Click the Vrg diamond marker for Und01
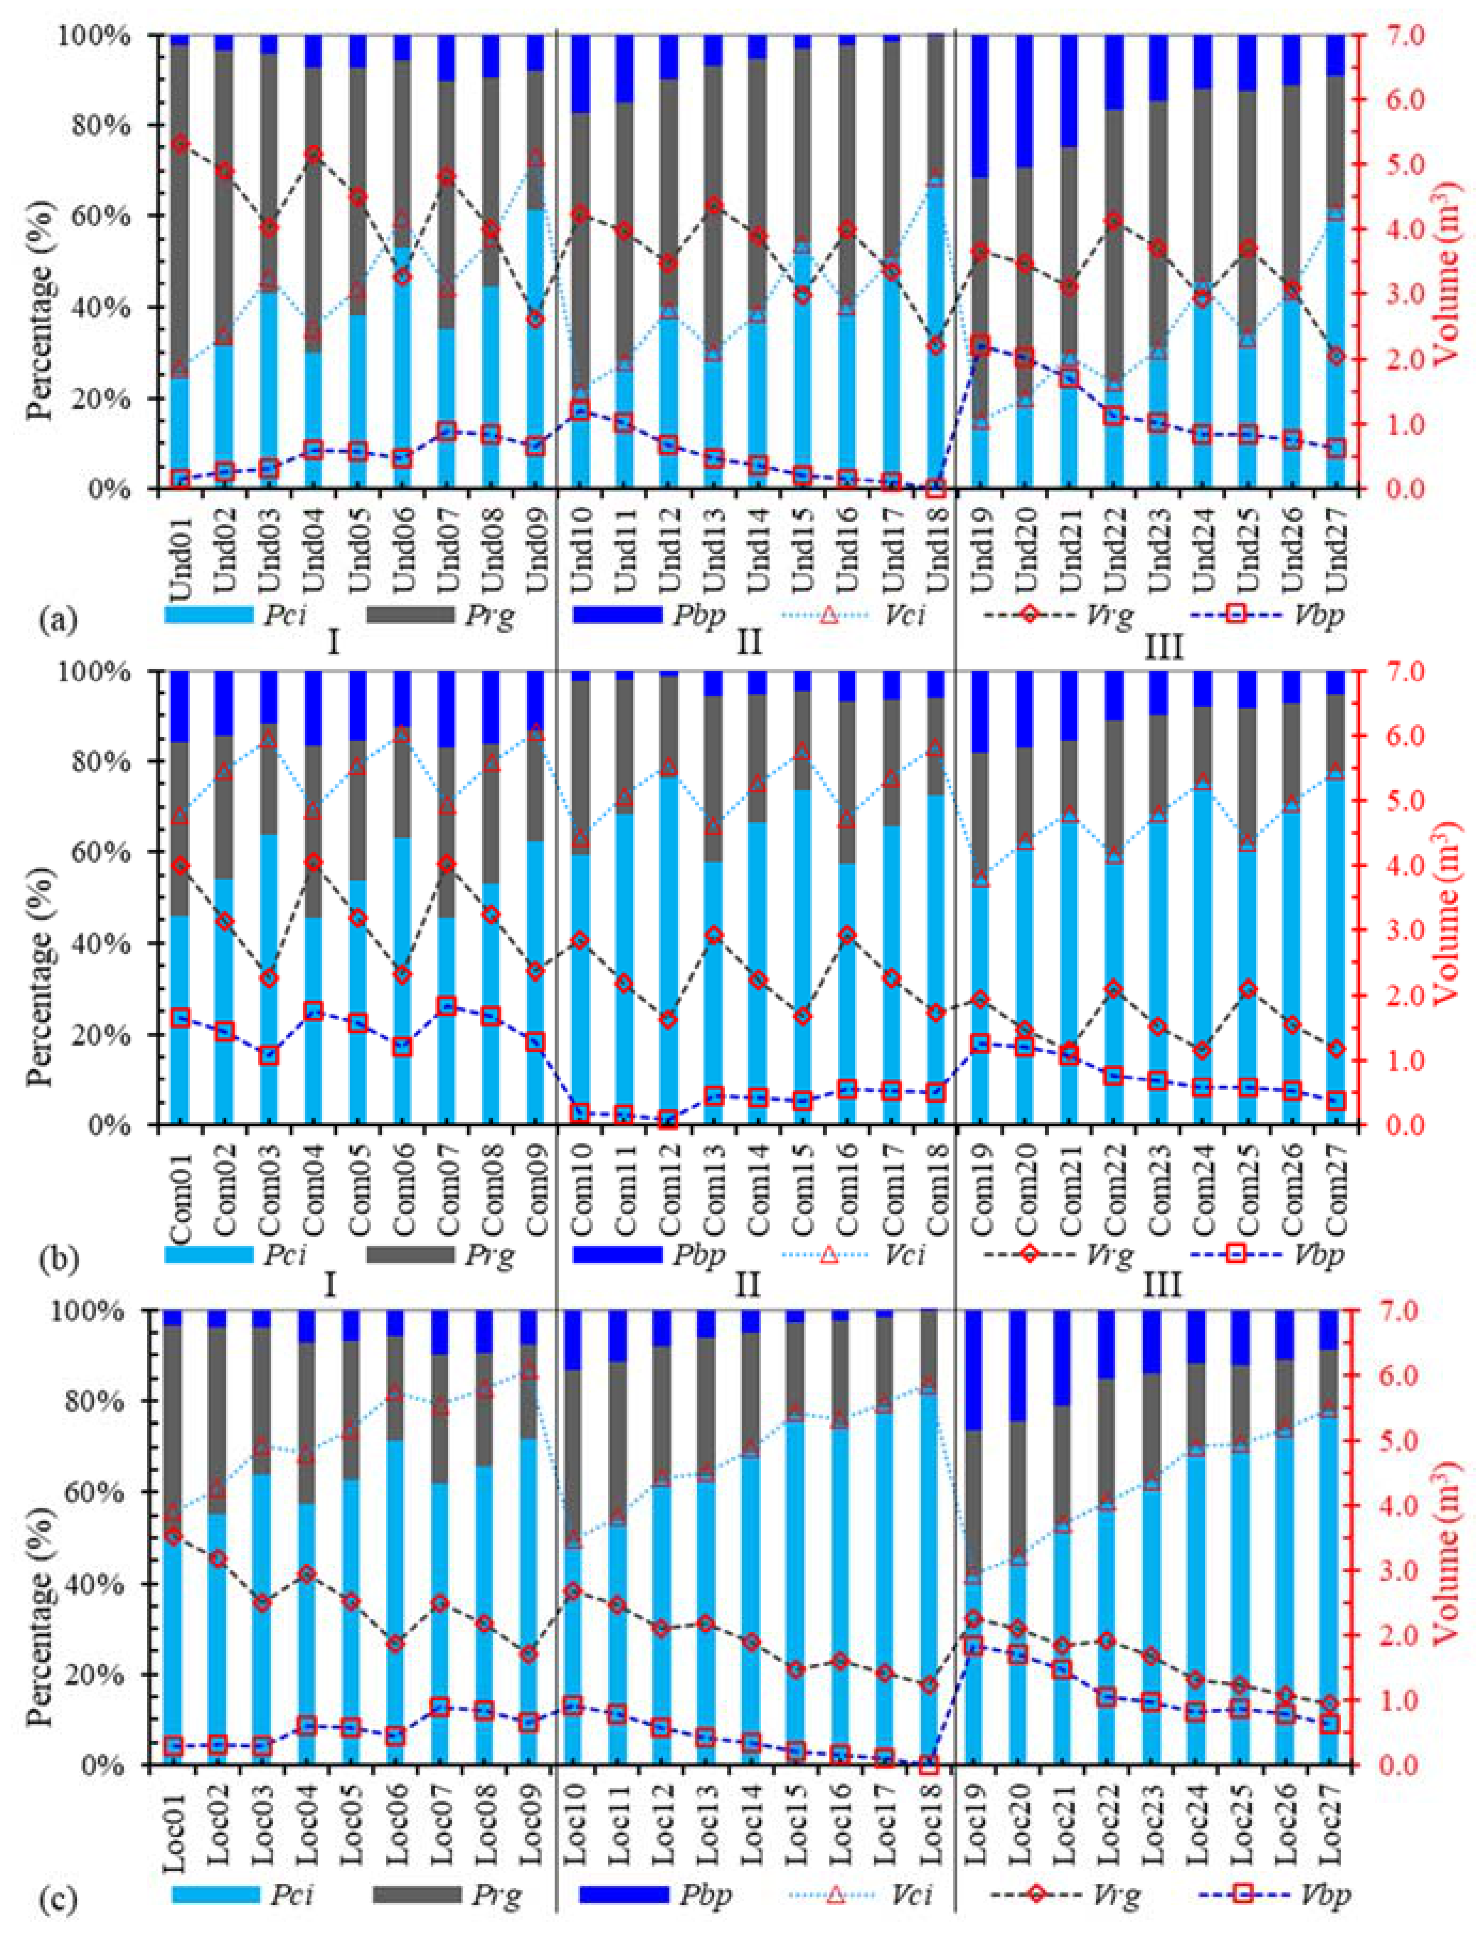(181, 144)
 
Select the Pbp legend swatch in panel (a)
(617, 615)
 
